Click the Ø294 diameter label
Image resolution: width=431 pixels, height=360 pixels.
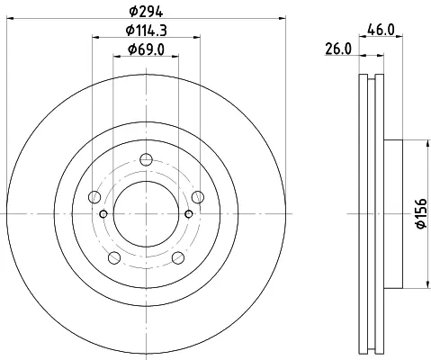pyautogui.click(x=146, y=12)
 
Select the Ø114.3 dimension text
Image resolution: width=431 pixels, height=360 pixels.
pyautogui.click(x=146, y=31)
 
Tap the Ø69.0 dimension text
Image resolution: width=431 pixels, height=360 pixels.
pyautogui.click(x=146, y=49)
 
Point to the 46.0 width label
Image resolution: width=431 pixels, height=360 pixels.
pyautogui.click(x=381, y=30)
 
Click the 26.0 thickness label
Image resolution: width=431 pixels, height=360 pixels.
pyautogui.click(x=338, y=49)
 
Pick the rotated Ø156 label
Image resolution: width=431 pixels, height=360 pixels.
pyautogui.click(x=421, y=213)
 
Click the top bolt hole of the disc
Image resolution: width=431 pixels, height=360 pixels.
pyautogui.click(x=146, y=159)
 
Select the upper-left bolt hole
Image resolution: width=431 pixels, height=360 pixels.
pyautogui.click(x=94, y=197)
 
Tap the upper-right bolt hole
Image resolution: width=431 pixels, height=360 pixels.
pyautogui.click(x=198, y=197)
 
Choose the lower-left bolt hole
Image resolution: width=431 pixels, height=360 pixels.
pyautogui.click(x=114, y=257)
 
